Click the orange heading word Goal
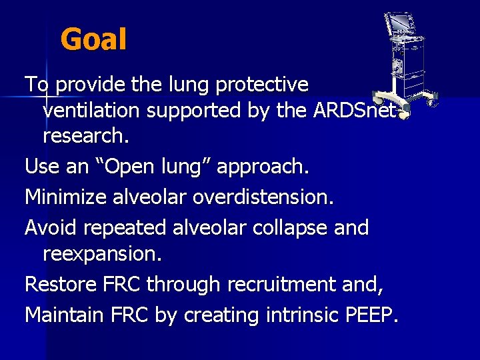(x=93, y=40)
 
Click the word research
(x=85, y=139)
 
